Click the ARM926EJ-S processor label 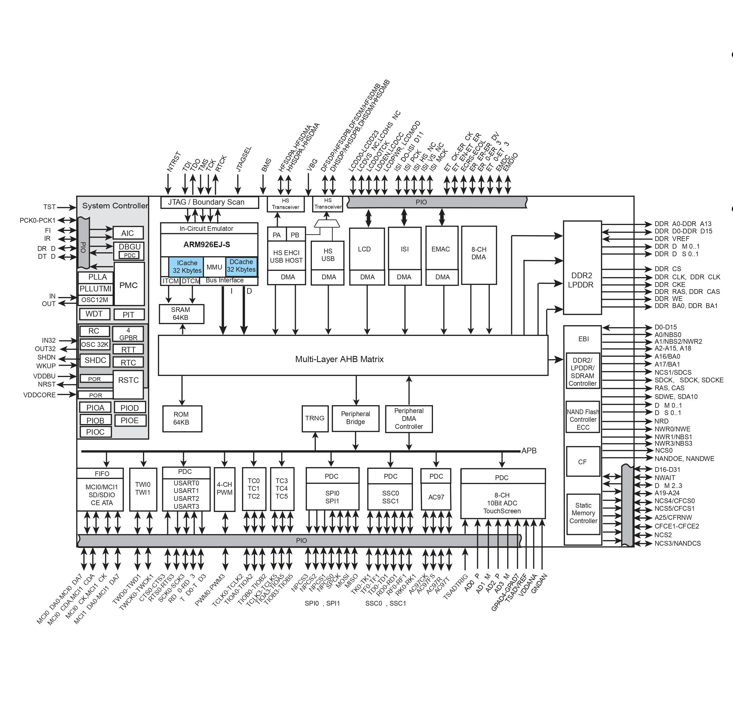(207, 245)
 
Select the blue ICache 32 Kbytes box (187, 267)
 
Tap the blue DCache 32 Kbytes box (241, 266)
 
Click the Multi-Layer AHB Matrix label (339, 359)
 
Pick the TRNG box (315, 418)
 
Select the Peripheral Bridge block (356, 418)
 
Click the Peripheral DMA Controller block (409, 419)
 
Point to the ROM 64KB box (182, 418)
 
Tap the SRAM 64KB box (181, 314)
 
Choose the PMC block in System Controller (129, 285)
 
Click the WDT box (94, 314)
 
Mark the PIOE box (129, 420)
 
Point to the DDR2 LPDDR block (582, 280)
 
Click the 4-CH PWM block (225, 489)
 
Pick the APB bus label (529, 451)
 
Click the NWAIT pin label (665, 478)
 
